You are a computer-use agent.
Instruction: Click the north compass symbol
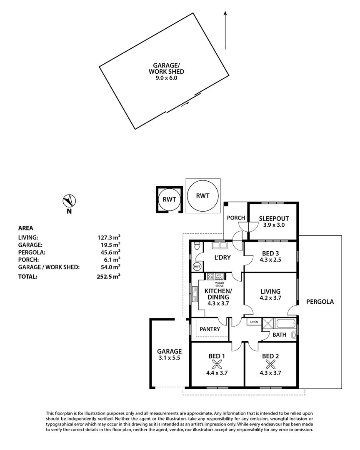pos(69,200)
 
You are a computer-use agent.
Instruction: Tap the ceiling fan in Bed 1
pos(217,365)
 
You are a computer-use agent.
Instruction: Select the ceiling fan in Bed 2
pos(270,365)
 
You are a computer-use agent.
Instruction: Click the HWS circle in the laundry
pos(197,266)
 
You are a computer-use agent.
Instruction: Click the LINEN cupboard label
pos(254,322)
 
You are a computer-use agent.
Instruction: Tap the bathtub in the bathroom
pos(286,324)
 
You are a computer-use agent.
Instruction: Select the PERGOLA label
pos(320,302)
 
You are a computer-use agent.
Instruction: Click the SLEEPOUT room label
pos(274,218)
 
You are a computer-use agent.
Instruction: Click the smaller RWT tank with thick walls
pos(170,200)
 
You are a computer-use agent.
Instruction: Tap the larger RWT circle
pos(202,196)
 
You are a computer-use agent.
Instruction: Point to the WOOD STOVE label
pos(220,285)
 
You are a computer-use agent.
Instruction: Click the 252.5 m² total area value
pos(108,276)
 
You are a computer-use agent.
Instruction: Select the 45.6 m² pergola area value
pos(109,252)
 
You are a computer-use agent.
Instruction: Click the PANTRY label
pos(210,329)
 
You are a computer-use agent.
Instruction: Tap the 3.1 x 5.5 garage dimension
pos(169,358)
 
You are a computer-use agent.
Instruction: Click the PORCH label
pos(236,218)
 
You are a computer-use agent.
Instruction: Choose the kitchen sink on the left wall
pos(195,294)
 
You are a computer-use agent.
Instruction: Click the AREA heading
pos(25,228)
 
